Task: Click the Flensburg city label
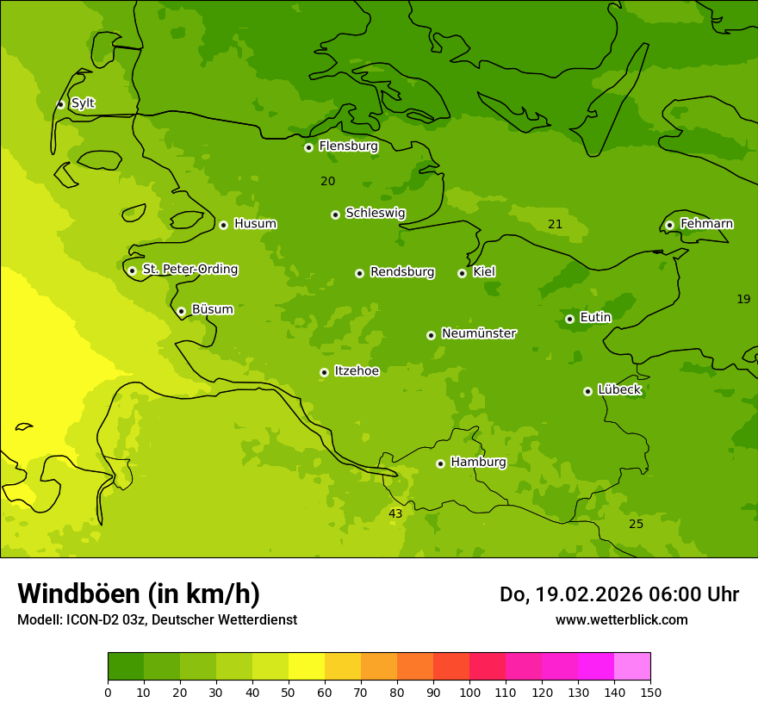[x=348, y=146]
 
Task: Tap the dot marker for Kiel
[x=462, y=273]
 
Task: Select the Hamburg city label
[x=478, y=463]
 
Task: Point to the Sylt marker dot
[x=60, y=104]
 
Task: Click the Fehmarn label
[x=706, y=224]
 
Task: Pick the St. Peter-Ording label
[x=189, y=270]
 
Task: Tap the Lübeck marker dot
[x=587, y=391]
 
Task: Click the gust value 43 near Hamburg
[x=395, y=514]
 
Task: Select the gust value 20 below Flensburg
[x=327, y=182]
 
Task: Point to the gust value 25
[x=636, y=525]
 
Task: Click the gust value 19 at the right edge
[x=743, y=300]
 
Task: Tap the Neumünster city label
[x=478, y=333]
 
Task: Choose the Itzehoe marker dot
[x=324, y=372]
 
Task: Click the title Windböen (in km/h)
[x=139, y=594]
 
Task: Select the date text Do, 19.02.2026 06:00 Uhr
[x=618, y=594]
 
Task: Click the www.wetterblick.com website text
[x=621, y=620]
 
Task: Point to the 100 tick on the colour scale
[x=469, y=692]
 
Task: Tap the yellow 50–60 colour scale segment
[x=307, y=667]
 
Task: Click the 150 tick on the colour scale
[x=650, y=692]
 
